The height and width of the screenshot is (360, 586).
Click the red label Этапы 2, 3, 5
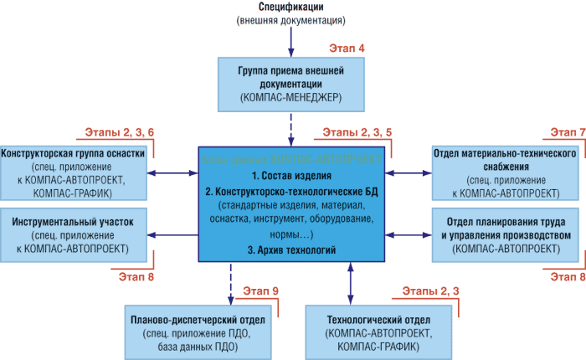pos(357,134)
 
